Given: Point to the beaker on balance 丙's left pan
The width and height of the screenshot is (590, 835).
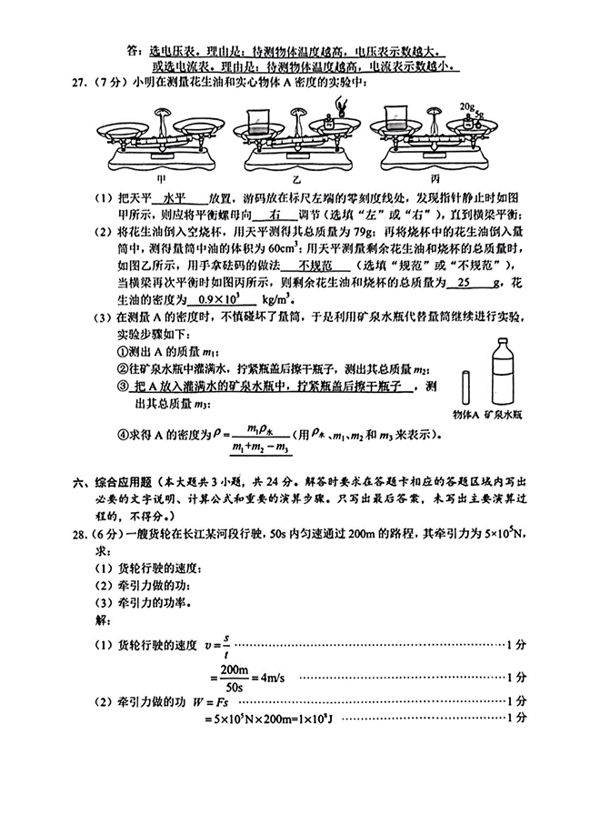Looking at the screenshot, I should click(396, 121).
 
